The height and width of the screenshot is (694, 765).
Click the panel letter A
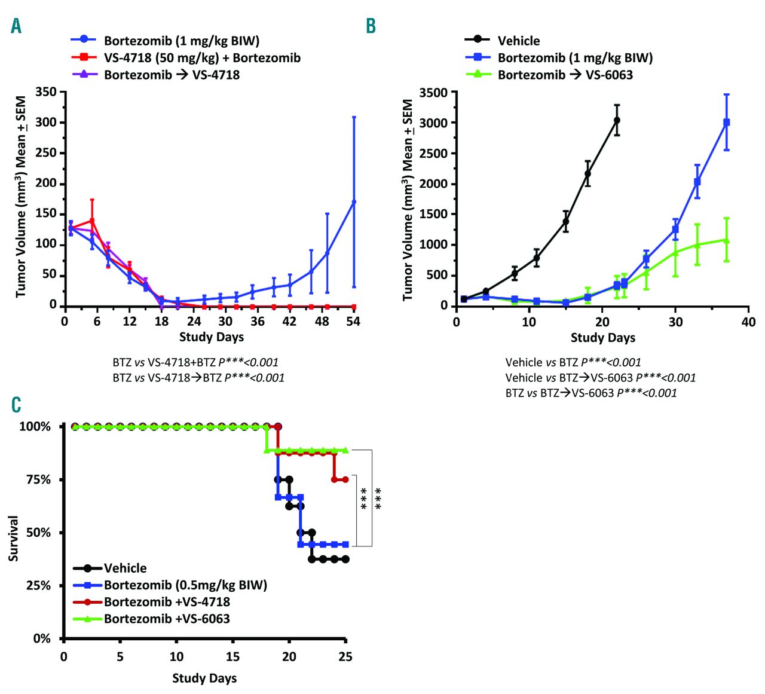point(16,26)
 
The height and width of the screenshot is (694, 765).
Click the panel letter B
point(371,26)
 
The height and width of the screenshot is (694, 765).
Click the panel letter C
point(16,405)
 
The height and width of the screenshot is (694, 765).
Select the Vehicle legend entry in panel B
point(518,41)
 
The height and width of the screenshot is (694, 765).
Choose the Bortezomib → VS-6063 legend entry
point(565,75)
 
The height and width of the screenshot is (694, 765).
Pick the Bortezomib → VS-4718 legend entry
point(172,75)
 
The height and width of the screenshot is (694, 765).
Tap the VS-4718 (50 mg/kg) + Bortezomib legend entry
point(202,58)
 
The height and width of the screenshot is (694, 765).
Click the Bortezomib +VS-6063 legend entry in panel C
point(167,619)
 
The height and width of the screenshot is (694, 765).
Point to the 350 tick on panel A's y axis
point(46,92)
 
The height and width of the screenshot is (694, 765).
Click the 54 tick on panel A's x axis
point(353,321)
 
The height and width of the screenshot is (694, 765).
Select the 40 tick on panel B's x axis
point(748,322)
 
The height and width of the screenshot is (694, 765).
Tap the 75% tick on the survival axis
point(38,480)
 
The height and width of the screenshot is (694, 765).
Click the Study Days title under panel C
point(204,678)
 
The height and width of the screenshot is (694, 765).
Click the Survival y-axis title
point(13,538)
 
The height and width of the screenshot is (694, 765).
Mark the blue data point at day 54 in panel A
point(354,202)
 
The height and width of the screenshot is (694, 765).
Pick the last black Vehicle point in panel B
point(617,120)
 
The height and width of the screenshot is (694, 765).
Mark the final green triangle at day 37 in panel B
point(727,240)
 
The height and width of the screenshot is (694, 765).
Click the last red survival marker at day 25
point(345,479)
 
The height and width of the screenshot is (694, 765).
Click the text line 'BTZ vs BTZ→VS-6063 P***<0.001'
point(590,393)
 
